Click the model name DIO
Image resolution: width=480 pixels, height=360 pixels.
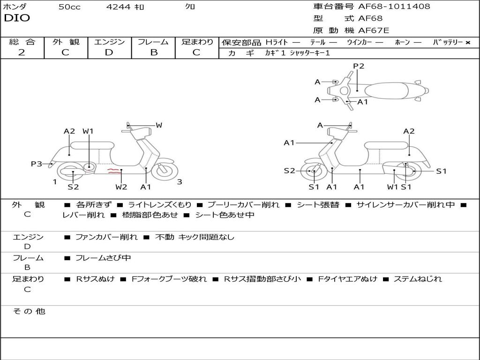17,18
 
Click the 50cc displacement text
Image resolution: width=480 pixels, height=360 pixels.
69,7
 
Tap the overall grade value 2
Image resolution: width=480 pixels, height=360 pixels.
22,52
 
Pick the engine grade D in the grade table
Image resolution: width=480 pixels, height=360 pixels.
109,52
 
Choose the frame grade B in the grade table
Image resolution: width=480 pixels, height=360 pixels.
153,52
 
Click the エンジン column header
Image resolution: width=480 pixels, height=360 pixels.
109,42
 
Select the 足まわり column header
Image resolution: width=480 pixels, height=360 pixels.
197,42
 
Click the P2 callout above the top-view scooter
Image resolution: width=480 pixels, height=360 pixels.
359,66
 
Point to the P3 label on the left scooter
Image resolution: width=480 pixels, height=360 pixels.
37,164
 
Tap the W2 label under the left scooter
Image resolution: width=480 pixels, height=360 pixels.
121,187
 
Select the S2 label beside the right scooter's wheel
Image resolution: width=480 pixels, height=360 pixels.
289,171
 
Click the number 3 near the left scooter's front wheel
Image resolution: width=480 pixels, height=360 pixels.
179,182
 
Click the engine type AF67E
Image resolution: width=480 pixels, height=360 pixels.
374,31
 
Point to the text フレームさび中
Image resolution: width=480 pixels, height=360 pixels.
103,258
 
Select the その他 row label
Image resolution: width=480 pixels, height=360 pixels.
29,311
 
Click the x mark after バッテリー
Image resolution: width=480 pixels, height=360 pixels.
468,42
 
